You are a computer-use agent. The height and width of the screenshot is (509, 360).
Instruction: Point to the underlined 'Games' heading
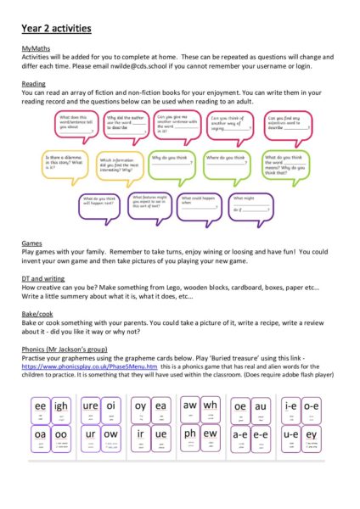coord(31,243)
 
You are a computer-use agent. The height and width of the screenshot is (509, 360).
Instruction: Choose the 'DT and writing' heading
coord(43,278)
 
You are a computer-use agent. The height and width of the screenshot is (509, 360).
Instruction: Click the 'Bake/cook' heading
coord(37,313)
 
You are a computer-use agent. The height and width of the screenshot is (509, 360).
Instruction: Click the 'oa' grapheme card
coord(40,433)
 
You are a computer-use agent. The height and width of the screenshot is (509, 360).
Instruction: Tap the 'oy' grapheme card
coord(139,406)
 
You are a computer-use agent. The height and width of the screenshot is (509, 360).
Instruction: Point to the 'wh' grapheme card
coord(211,406)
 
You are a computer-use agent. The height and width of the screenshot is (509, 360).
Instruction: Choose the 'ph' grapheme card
coord(188,433)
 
